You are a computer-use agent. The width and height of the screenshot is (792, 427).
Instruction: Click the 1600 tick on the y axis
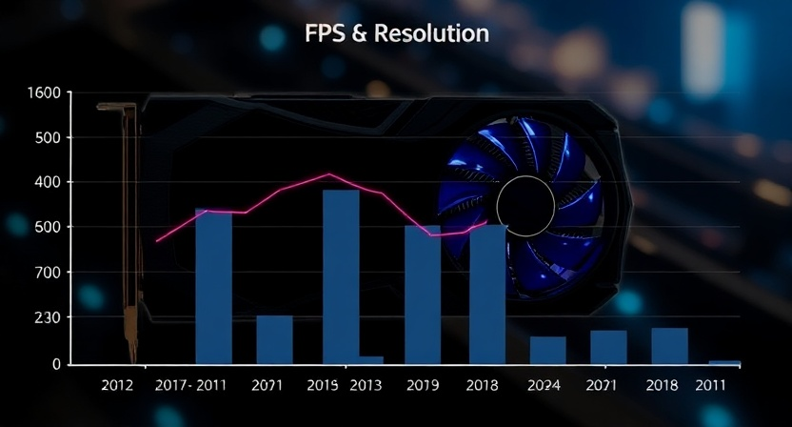click(x=44, y=93)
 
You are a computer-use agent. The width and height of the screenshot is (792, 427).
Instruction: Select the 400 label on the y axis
click(x=48, y=182)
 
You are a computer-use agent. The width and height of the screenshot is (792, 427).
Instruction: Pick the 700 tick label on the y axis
click(x=48, y=273)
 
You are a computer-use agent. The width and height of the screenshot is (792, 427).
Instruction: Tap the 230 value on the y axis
click(x=48, y=317)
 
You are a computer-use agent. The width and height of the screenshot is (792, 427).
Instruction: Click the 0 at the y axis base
click(x=55, y=364)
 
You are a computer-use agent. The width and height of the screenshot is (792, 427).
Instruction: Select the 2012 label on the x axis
click(x=117, y=386)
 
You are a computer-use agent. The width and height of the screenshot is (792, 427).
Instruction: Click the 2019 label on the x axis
click(x=423, y=386)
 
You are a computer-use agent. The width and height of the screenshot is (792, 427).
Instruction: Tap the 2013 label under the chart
click(x=366, y=386)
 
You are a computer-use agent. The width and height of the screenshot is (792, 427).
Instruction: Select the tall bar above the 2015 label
click(x=341, y=276)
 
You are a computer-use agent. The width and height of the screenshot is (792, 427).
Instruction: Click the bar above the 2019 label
click(x=423, y=295)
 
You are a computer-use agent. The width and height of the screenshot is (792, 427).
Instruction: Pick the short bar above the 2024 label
click(x=548, y=350)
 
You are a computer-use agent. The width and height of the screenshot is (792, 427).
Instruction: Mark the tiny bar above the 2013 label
click(x=370, y=359)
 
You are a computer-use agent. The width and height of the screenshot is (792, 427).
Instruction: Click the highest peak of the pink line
click(x=329, y=174)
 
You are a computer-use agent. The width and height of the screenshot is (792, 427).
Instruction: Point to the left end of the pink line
click(x=157, y=241)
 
